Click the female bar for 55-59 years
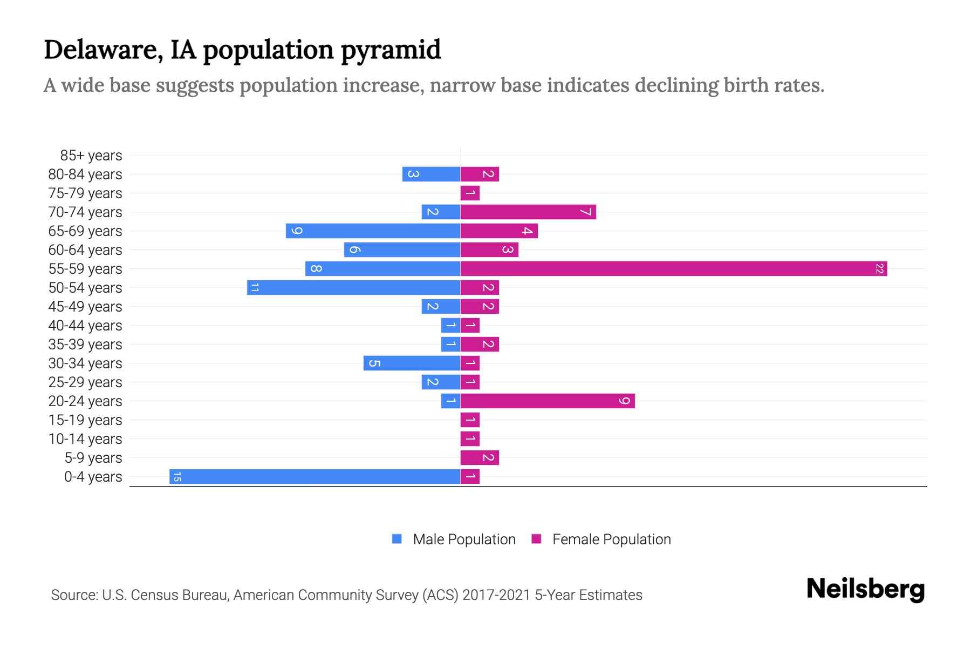673,268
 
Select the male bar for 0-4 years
314,476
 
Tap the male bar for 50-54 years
353,287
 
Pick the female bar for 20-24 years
547,401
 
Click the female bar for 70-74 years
528,212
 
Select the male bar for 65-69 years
373,231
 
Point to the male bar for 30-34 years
412,363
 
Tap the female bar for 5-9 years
479,457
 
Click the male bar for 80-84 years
431,174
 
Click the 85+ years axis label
91,156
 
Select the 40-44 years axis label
85,326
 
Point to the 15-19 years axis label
85,420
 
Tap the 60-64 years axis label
85,250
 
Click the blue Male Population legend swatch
397,539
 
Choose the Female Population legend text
611,539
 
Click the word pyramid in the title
391,50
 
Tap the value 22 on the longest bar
879,268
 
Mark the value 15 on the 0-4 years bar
177,476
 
